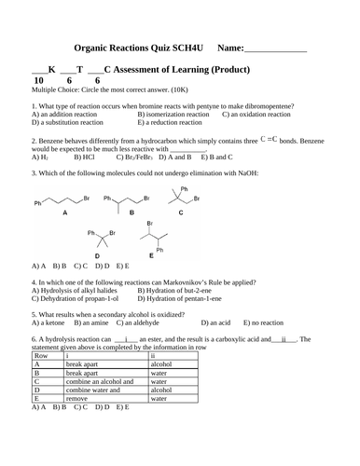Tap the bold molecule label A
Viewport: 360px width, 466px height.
pyautogui.click(x=64, y=213)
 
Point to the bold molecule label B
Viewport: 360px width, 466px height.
pyautogui.click(x=132, y=213)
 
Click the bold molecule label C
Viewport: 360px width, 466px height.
pyautogui.click(x=180, y=213)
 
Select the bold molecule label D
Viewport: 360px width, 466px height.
pyautogui.click(x=97, y=255)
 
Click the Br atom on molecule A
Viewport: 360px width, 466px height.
pyautogui.click(x=87, y=199)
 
